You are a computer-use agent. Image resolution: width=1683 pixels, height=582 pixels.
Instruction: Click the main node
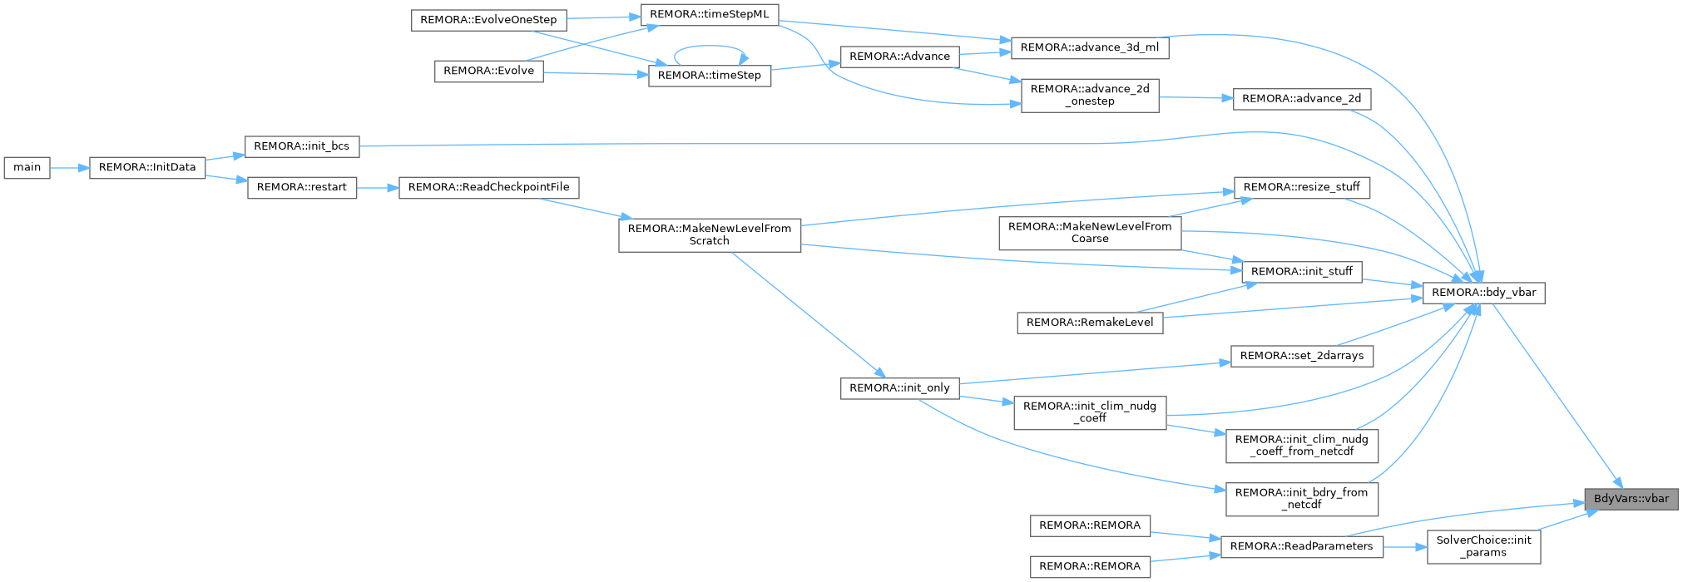27,167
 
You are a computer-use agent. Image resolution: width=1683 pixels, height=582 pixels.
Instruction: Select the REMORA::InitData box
147,167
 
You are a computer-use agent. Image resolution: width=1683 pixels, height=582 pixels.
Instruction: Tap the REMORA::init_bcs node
301,146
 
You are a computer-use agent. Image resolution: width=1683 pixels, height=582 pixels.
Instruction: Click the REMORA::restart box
302,188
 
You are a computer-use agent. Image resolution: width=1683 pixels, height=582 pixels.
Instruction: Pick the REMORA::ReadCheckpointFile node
489,188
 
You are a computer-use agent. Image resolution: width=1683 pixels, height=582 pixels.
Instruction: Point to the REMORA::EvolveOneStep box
489,20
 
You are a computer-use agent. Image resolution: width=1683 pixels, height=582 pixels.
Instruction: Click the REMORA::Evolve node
489,72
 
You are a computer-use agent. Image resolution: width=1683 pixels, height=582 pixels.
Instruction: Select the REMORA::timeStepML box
710,15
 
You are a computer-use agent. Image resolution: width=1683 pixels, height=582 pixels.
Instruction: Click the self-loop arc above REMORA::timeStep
710,47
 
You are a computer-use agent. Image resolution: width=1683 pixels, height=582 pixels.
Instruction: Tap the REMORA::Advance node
900,57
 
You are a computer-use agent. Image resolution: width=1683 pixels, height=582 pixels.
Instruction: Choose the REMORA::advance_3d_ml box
1090,48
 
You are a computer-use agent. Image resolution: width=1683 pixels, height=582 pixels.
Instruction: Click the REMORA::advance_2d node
1302,99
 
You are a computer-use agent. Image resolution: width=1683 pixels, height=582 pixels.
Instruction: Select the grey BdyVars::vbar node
1631,499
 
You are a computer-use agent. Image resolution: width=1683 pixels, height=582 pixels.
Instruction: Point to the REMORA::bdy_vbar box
1484,293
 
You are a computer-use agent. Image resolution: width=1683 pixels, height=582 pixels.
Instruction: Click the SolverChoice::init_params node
1484,546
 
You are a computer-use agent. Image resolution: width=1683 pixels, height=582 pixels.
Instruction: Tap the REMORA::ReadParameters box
1302,546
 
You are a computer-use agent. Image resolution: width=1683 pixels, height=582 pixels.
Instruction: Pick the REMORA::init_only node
900,388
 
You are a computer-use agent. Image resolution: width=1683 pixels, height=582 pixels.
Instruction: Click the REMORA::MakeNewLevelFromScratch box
710,234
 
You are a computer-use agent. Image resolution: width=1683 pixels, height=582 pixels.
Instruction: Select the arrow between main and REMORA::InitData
70,168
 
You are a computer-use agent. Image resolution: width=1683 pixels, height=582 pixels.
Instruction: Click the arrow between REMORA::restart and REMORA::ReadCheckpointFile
378,188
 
